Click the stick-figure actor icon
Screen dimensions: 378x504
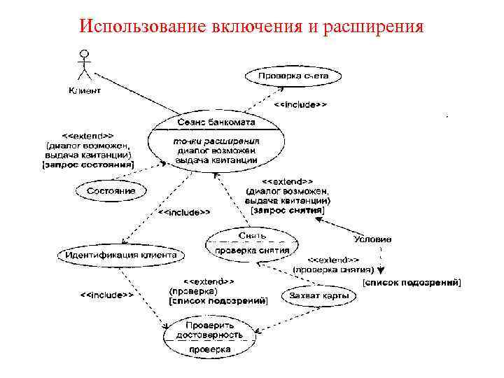pos(85,65)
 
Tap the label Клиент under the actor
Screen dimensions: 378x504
pos(85,90)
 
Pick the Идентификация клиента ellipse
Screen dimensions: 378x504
pos(121,255)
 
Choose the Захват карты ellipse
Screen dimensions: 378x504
pos(318,296)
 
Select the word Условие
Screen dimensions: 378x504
pos(372,239)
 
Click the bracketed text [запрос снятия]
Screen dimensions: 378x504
pos(288,210)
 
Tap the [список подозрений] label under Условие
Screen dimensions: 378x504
pos(412,282)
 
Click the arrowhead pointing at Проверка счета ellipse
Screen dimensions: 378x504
pos(282,88)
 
